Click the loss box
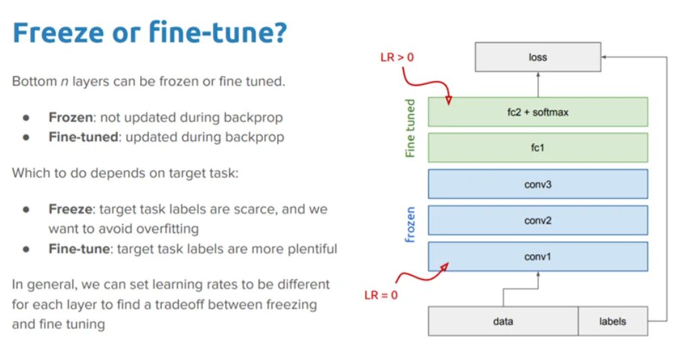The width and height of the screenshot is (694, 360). click(x=537, y=57)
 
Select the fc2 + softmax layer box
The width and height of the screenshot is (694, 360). click(x=537, y=112)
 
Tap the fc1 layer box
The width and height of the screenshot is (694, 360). click(x=537, y=147)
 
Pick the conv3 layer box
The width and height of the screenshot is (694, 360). click(x=537, y=183)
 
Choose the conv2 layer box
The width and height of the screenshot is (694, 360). click(x=537, y=220)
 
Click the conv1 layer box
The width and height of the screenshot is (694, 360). click(x=537, y=256)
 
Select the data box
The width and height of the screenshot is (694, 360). click(x=503, y=321)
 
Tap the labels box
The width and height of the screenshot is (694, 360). click(x=612, y=321)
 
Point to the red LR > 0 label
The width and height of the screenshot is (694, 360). click(x=396, y=57)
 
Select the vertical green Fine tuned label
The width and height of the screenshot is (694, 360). click(x=410, y=129)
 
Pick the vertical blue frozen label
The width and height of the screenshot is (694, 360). click(x=410, y=224)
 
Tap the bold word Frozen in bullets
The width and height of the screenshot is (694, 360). click(x=70, y=117)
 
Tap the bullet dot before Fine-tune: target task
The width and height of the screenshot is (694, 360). click(x=26, y=249)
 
